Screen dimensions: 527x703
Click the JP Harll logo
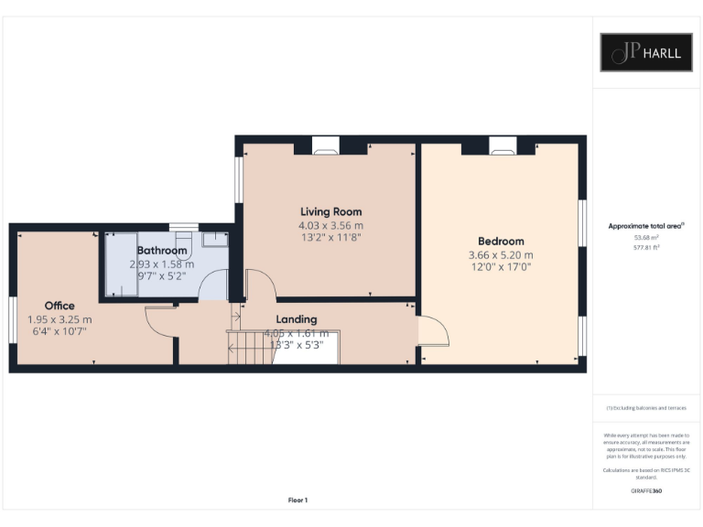pyautogui.click(x=646, y=52)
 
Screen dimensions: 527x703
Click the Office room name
pyautogui.click(x=59, y=306)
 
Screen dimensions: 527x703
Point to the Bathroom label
pyautogui.click(x=162, y=251)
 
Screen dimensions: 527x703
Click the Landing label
pyautogui.click(x=297, y=319)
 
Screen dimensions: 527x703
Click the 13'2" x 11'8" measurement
pyautogui.click(x=330, y=237)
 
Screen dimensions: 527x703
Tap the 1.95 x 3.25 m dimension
pyautogui.click(x=59, y=319)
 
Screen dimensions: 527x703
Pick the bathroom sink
pyautogui.click(x=214, y=239)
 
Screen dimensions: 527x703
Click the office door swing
pyautogui.click(x=159, y=320)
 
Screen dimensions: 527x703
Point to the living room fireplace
pyautogui.click(x=325, y=144)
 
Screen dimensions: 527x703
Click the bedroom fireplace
pyautogui.click(x=502, y=144)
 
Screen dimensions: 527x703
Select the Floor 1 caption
pyautogui.click(x=297, y=500)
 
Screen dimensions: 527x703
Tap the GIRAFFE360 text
pyautogui.click(x=646, y=491)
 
